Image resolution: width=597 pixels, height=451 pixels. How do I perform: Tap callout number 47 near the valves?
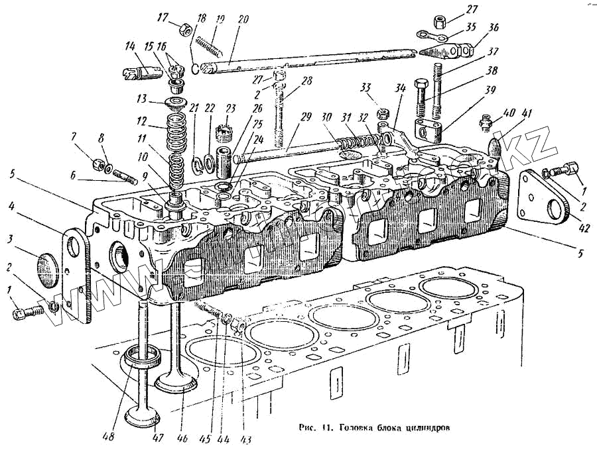pos(158,438)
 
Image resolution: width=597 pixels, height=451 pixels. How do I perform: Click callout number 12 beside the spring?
pos(141,121)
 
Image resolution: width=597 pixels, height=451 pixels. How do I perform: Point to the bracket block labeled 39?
pos(429,127)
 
